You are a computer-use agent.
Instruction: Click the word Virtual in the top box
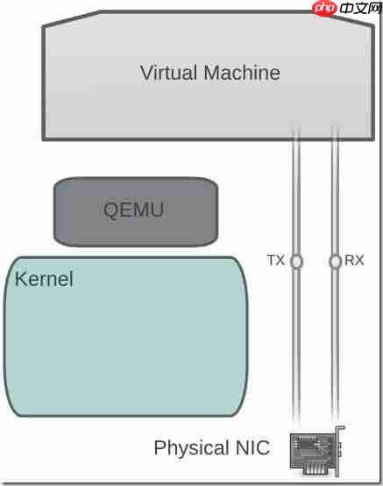pos(168,73)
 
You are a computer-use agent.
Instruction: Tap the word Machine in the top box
pos(242,73)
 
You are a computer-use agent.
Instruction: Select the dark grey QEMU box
pos(136,212)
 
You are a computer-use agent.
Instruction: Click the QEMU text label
pos(133,210)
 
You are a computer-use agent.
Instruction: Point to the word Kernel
pos(44,279)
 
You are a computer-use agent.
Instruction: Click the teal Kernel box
pos(125,336)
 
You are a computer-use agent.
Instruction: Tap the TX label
pos(275,260)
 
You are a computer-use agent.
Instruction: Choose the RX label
pos(354,260)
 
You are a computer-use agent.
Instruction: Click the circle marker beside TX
pos(296,261)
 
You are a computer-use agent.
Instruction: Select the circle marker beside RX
pos(335,261)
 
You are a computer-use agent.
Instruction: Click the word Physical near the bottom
pos(191,448)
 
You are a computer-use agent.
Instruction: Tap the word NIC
pos(252,447)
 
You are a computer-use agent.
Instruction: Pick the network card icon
pos(317,452)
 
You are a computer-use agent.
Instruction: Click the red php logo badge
pos(324,8)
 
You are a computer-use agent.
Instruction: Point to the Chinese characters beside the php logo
pos(360,8)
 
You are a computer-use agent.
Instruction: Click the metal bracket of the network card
pos(340,451)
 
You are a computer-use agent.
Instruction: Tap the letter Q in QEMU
pos(111,211)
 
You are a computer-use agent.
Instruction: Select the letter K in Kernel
pos(20,279)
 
